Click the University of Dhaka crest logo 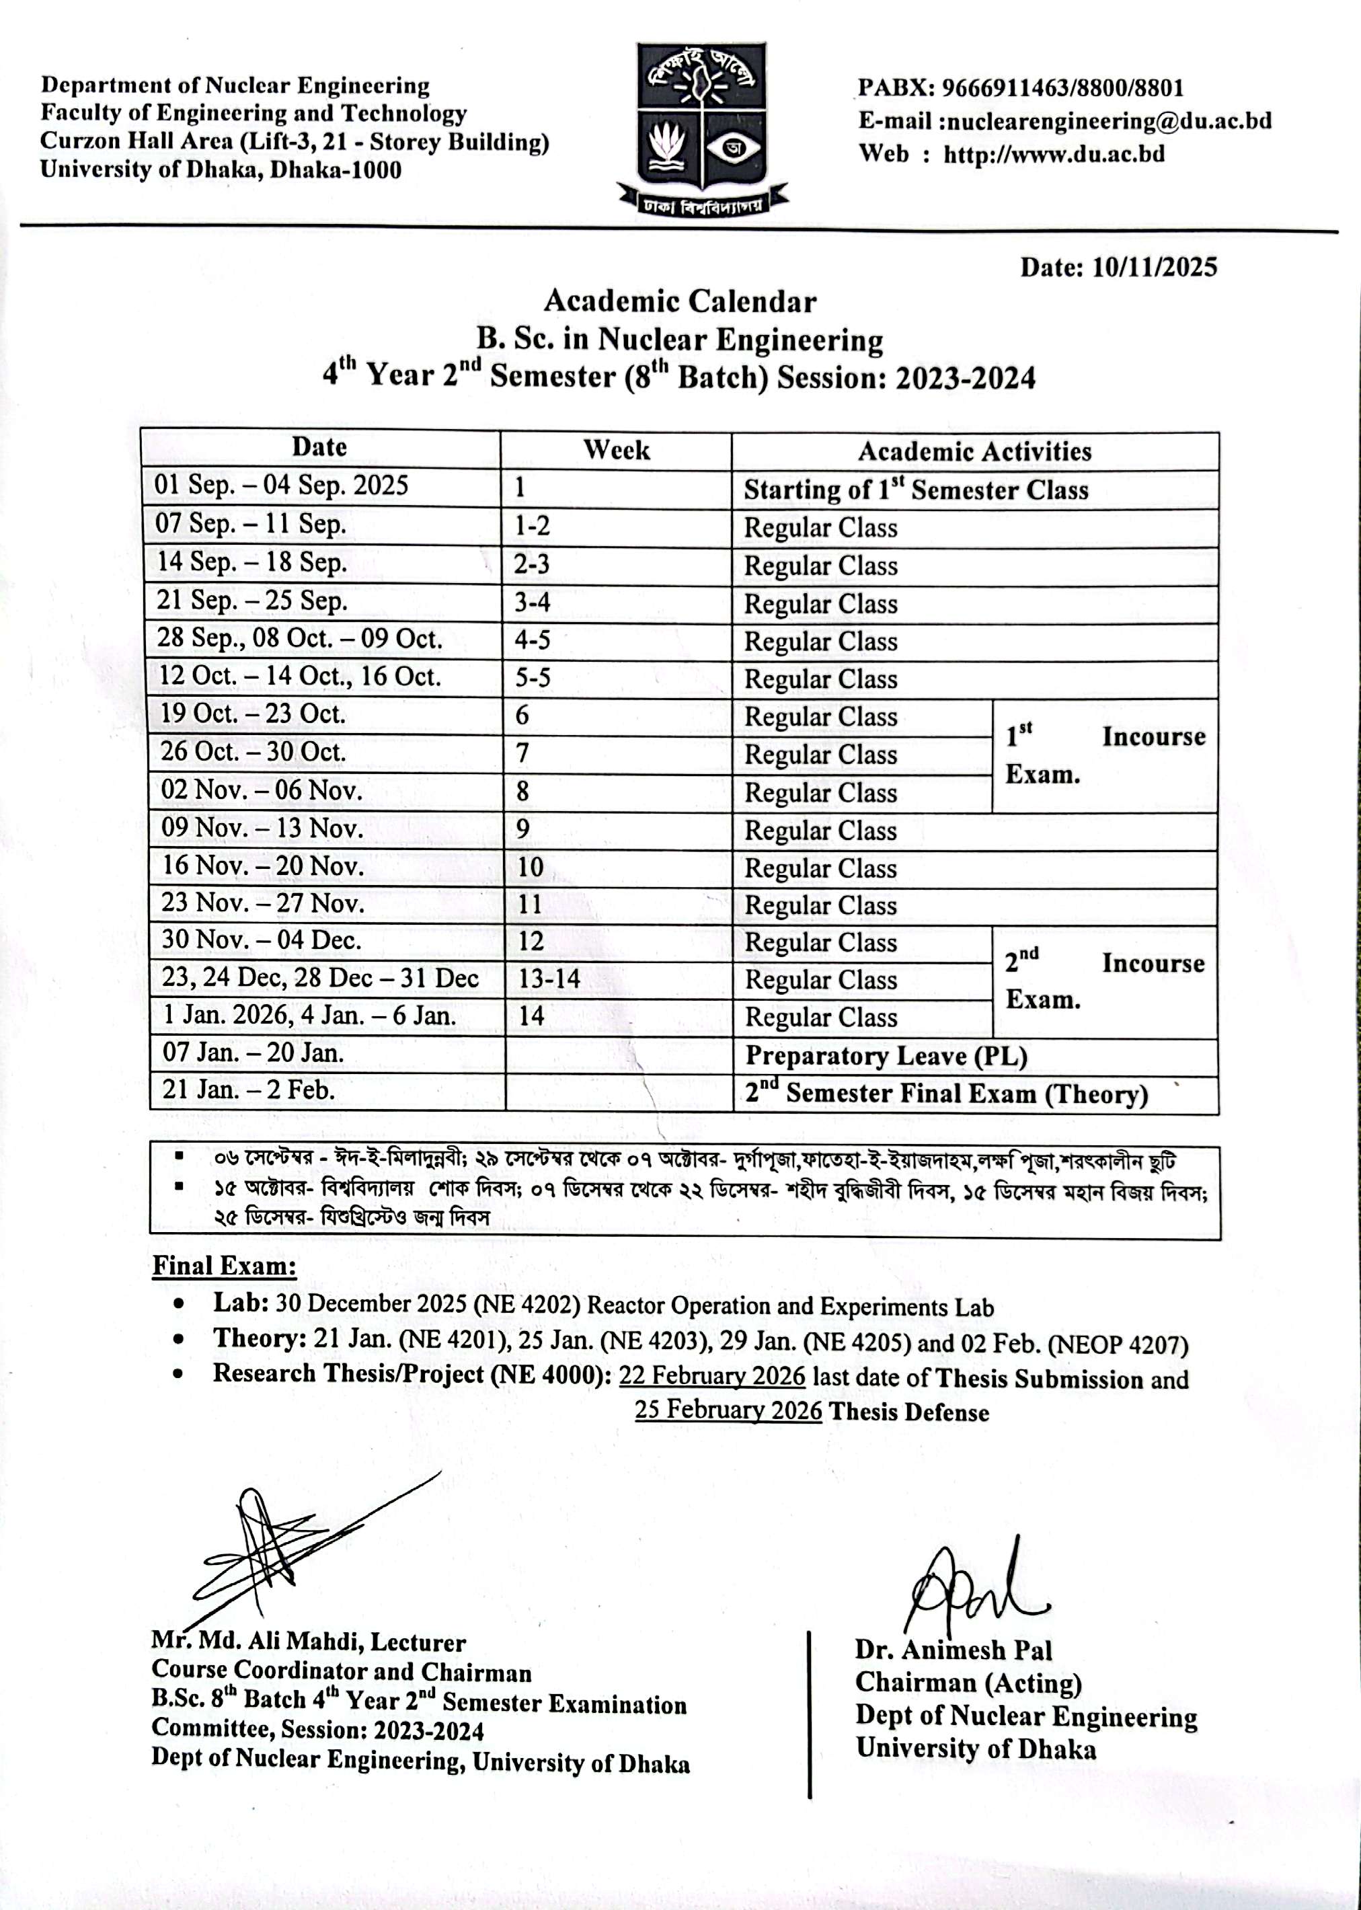701,126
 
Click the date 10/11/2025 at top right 1154,268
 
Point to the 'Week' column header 616,450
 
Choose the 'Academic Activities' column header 974,452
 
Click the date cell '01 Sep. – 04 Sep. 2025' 282,486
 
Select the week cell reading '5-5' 533,677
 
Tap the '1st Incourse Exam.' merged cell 1105,755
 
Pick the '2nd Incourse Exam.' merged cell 1105,981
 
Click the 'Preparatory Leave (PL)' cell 886,1056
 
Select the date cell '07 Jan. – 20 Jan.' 252,1053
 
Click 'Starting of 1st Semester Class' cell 916,490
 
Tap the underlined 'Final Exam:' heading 224,1266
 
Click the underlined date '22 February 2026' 711,1376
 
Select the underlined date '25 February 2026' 728,1410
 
